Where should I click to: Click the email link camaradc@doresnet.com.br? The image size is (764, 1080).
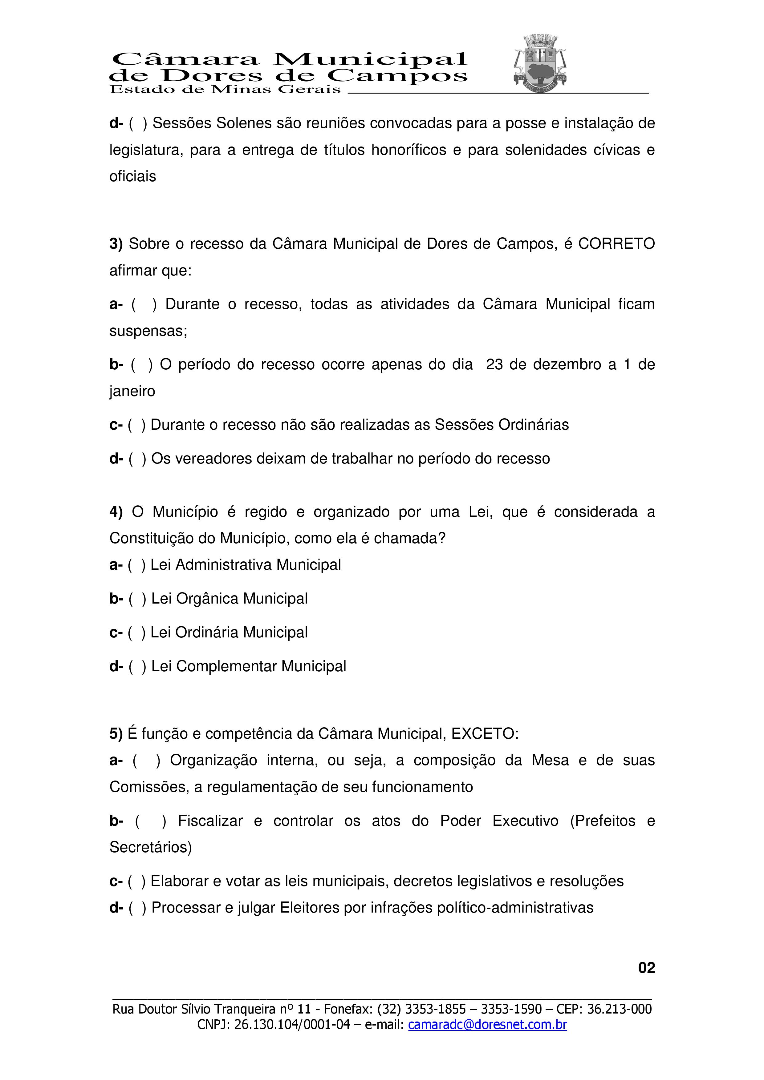487,1025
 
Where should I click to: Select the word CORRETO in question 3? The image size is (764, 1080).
616,244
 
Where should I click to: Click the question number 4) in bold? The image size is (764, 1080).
116,512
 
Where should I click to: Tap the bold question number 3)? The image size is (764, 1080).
116,244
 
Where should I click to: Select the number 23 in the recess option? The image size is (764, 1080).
494,364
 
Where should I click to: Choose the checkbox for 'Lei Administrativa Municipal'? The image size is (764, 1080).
136,565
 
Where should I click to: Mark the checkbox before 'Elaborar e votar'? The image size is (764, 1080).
136,881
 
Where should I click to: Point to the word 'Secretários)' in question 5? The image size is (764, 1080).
151,847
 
